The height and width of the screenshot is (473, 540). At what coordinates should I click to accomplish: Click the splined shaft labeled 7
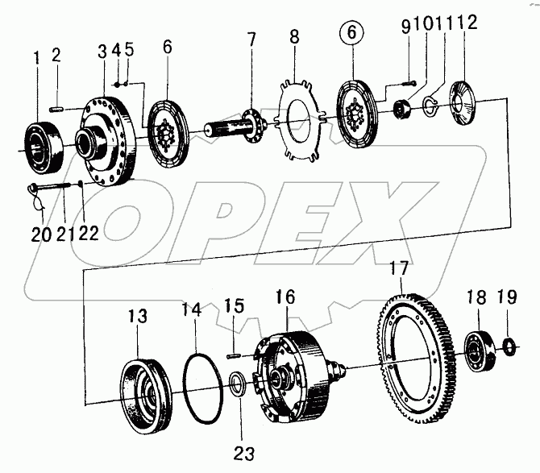(x=234, y=127)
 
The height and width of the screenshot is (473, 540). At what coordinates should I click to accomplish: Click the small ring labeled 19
(x=509, y=347)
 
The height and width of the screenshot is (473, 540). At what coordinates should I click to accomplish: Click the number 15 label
(x=234, y=307)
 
